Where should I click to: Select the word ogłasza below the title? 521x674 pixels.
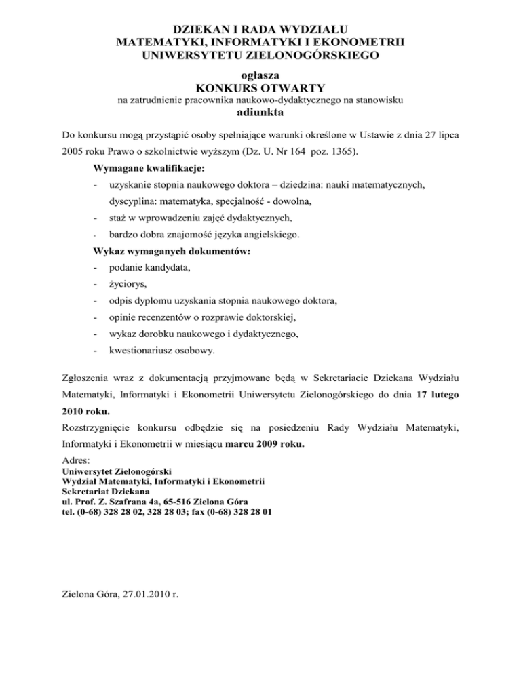point(260,74)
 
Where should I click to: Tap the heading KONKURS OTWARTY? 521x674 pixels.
point(260,87)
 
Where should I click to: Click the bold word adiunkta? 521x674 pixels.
point(260,113)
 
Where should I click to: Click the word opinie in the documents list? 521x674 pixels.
point(123,317)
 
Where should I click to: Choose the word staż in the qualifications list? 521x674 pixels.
point(118,218)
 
